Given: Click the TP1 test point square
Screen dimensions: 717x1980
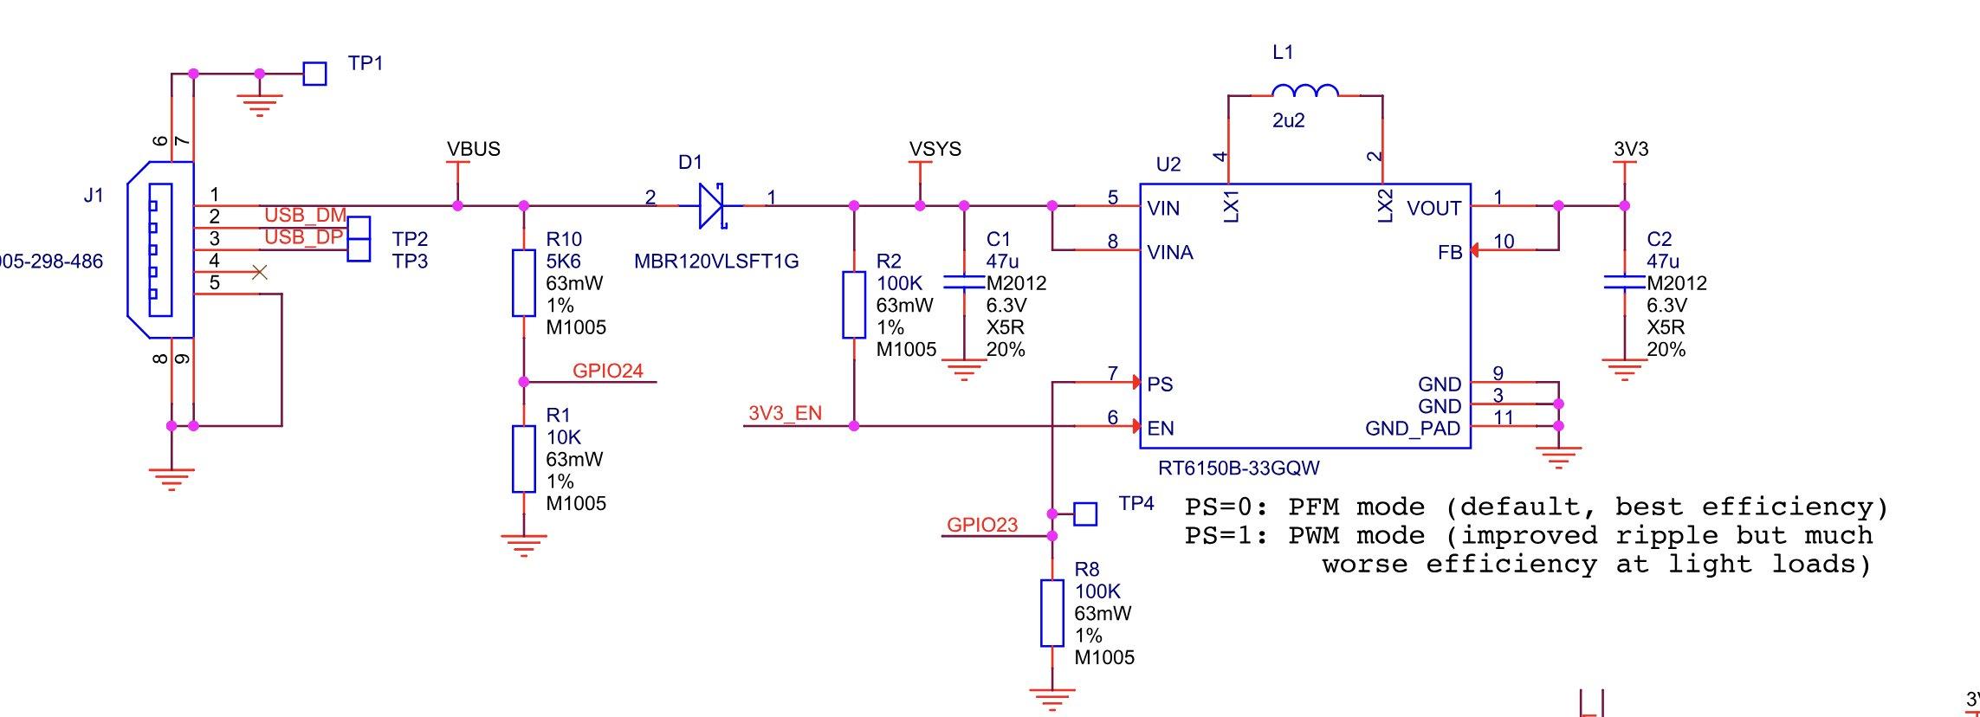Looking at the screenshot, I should pyautogui.click(x=314, y=74).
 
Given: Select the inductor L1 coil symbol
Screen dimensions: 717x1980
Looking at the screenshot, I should pyautogui.click(x=1304, y=90).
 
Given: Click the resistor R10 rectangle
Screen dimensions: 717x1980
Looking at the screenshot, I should pyautogui.click(x=524, y=282).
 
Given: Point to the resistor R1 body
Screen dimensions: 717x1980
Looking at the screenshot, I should pyautogui.click(x=524, y=459).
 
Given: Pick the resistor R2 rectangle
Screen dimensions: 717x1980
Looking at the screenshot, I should pyautogui.click(x=854, y=304).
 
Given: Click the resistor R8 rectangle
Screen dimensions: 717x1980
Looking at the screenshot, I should pyautogui.click(x=1052, y=613).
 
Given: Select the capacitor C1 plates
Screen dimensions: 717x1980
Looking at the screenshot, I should pyautogui.click(x=964, y=282).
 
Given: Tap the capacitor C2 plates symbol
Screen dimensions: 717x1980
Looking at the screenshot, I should pyautogui.click(x=1624, y=282).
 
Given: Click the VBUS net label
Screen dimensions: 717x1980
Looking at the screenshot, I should pyautogui.click(x=474, y=149).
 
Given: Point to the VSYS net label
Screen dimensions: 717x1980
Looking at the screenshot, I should pyautogui.click(x=935, y=149).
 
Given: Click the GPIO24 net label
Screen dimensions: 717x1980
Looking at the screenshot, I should pyautogui.click(x=608, y=371).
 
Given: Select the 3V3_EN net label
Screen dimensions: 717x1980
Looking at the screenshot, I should pyautogui.click(x=785, y=413).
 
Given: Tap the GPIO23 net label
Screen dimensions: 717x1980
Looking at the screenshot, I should pyautogui.click(x=982, y=525).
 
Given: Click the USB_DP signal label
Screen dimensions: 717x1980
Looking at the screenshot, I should pyautogui.click(x=303, y=237).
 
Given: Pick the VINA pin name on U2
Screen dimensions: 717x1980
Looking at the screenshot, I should pyautogui.click(x=1170, y=253).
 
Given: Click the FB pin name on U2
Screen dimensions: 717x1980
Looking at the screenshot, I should pyautogui.click(x=1450, y=252).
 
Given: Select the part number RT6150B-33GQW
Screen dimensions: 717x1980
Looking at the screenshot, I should pyautogui.click(x=1239, y=468).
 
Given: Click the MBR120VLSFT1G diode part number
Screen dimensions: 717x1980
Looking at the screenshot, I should pyautogui.click(x=716, y=261).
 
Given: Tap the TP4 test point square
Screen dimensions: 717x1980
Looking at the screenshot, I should pyautogui.click(x=1085, y=514).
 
